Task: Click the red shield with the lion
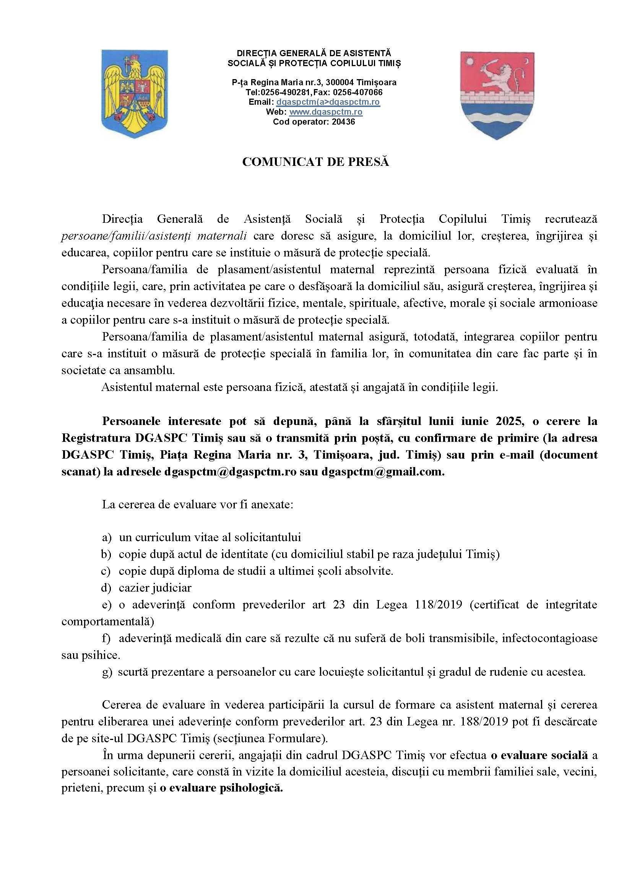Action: coord(497,95)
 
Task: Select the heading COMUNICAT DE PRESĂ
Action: coord(315,162)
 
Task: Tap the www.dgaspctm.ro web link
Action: coord(325,112)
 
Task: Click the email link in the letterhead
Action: coord(328,102)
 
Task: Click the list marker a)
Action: coord(107,538)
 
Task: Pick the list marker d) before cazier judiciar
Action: coord(107,588)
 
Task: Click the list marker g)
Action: coord(107,672)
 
